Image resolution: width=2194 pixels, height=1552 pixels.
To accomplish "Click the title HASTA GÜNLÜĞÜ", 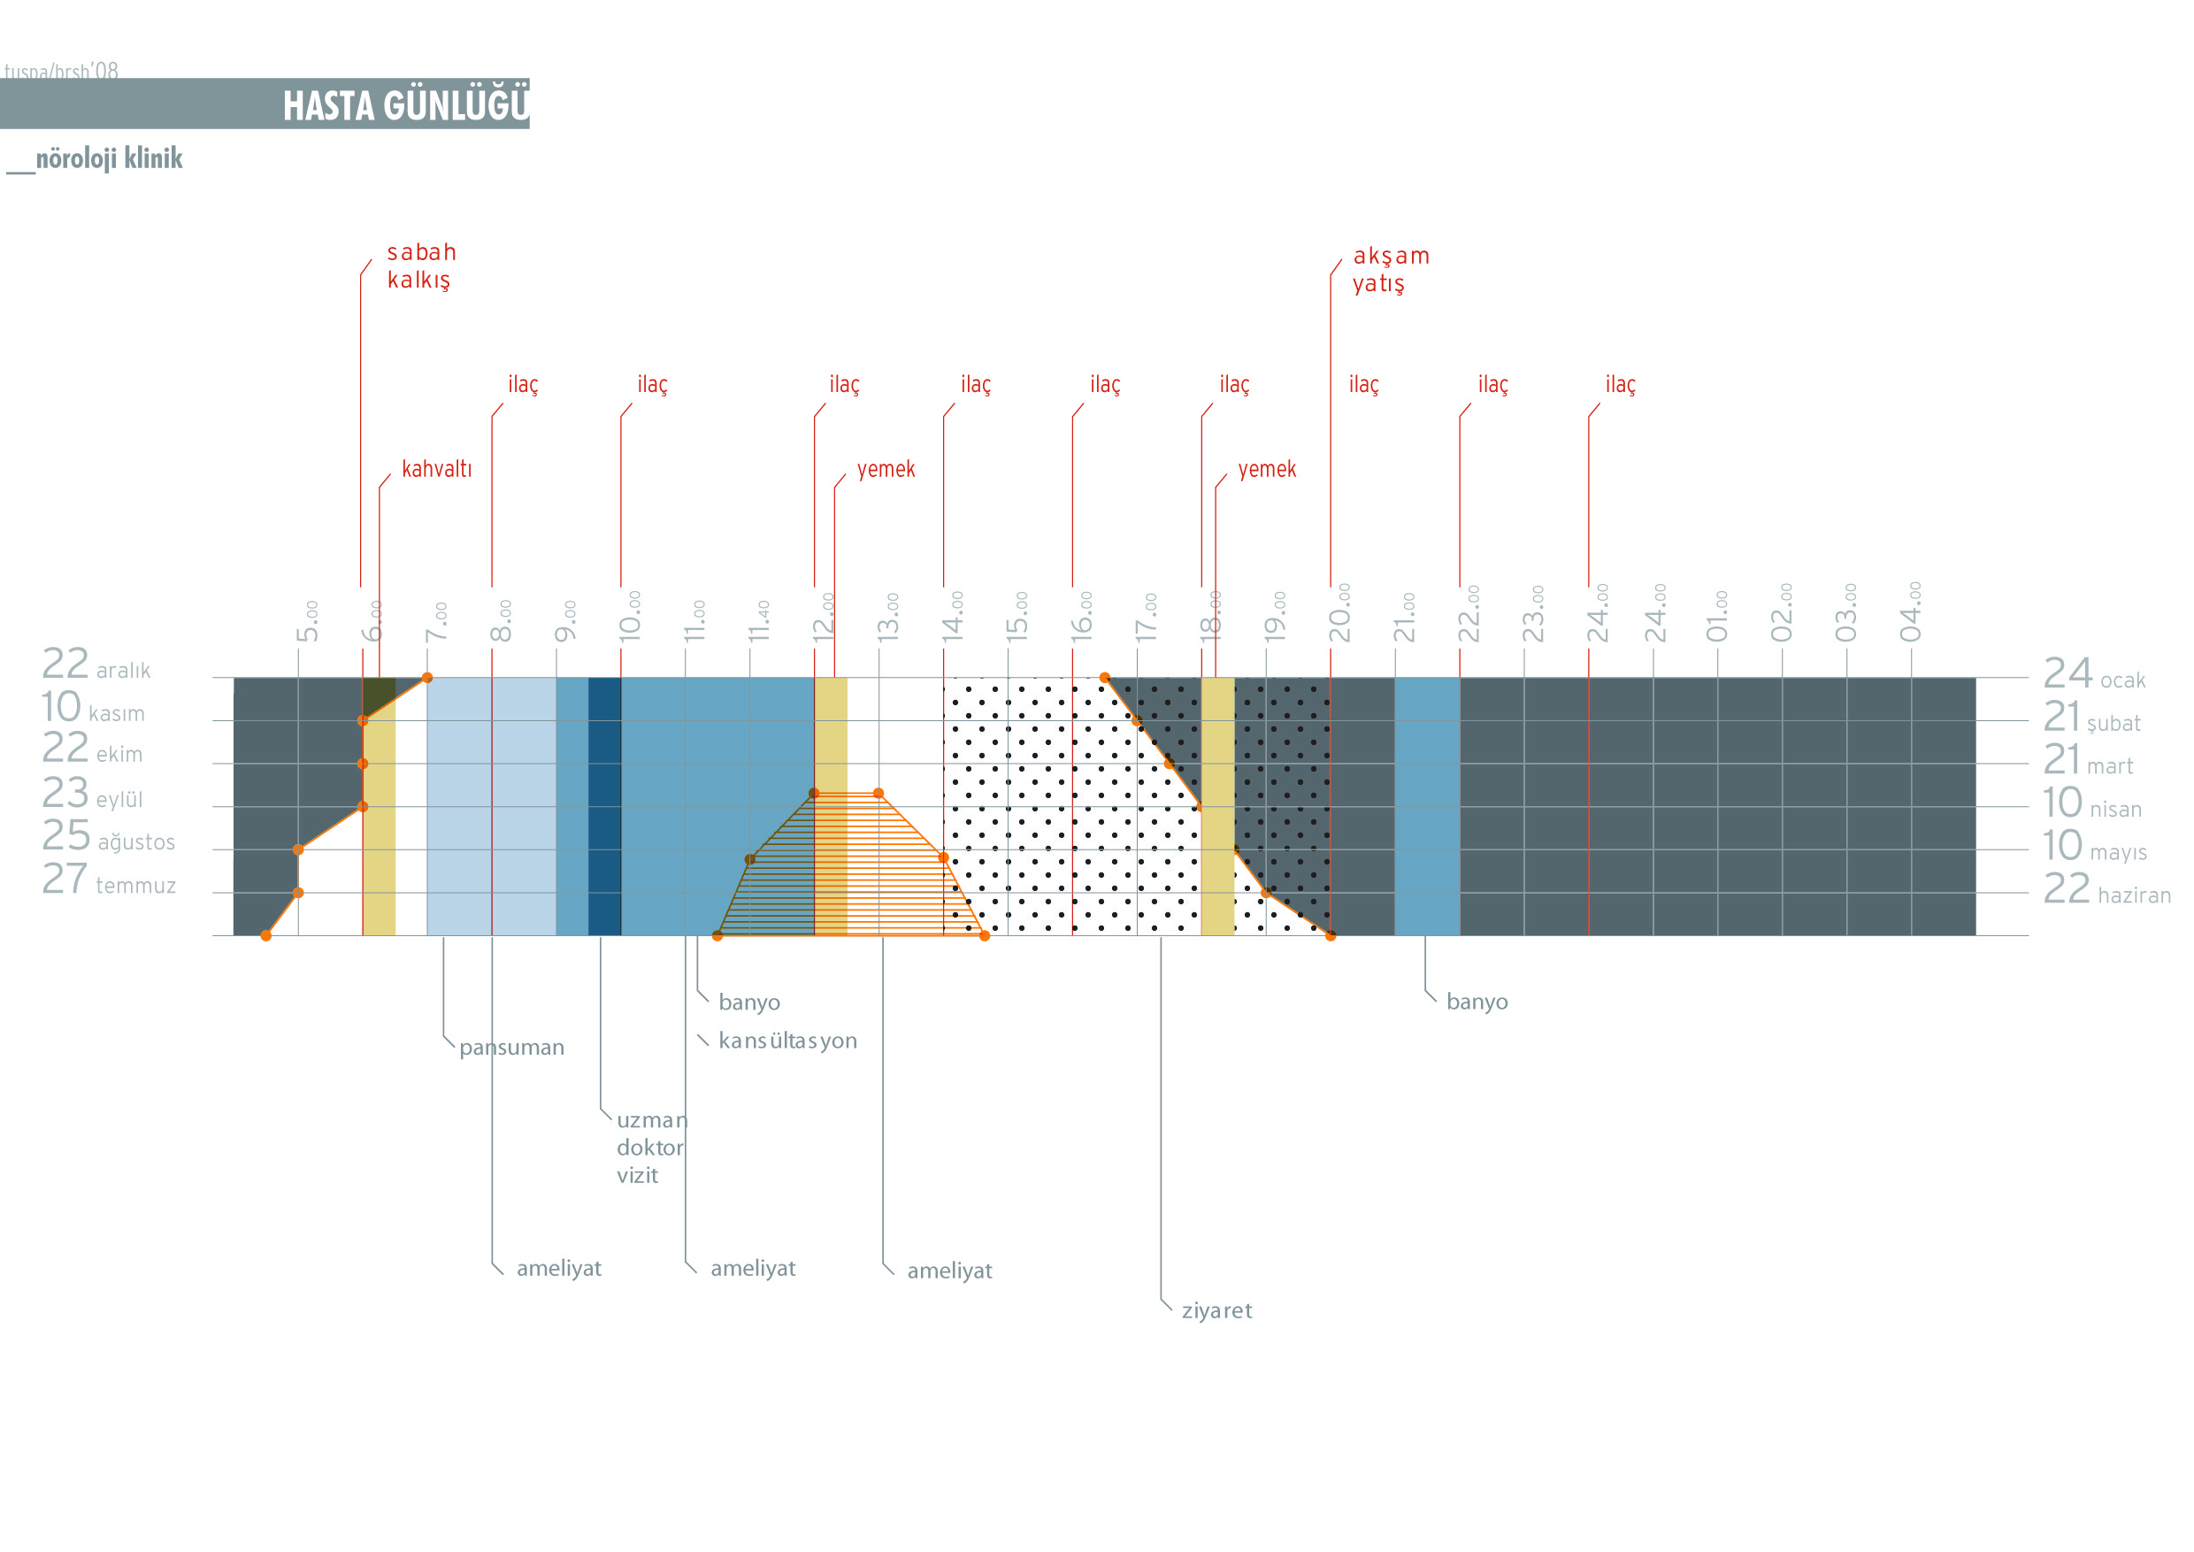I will pyautogui.click(x=405, y=105).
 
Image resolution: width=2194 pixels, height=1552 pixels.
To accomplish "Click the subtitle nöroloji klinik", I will pyautogui.click(x=108, y=158).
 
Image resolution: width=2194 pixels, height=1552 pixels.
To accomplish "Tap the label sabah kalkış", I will pyautogui.click(x=420, y=265).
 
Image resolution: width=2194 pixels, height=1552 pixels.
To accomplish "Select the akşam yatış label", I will pyautogui.click(x=1390, y=270).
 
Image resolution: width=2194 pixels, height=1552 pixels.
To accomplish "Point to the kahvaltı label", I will pyautogui.click(x=436, y=469).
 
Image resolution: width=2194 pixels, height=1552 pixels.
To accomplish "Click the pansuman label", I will pyautogui.click(x=511, y=1048).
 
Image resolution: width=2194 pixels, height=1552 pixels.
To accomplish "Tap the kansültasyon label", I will pyautogui.click(x=786, y=1041).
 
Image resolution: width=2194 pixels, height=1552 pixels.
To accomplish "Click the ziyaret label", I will pyautogui.click(x=1216, y=1310).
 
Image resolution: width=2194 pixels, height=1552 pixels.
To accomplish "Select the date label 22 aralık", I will pyautogui.click(x=96, y=665).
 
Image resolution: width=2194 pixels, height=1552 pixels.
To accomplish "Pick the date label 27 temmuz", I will pyautogui.click(x=108, y=880).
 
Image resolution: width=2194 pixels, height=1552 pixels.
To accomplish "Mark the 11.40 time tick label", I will pyautogui.click(x=759, y=621).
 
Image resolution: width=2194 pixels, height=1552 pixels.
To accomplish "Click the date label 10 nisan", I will pyautogui.click(x=2090, y=803).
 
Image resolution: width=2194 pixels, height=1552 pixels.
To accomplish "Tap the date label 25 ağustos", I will pyautogui.click(x=108, y=837).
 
